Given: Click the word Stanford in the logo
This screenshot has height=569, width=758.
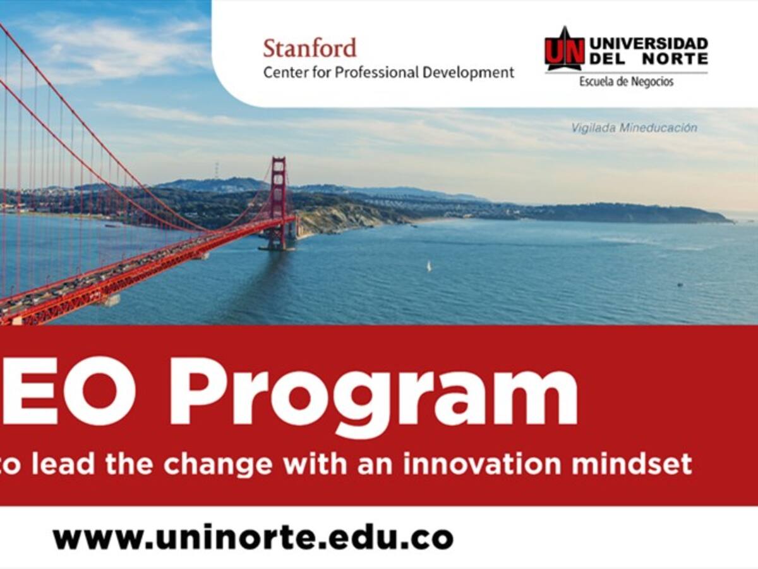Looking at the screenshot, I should [x=310, y=49].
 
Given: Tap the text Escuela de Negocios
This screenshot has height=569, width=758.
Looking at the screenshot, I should [x=627, y=82].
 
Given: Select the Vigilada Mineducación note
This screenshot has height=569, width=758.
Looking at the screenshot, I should [x=634, y=128].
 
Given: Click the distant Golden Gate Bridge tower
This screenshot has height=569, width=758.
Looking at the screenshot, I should [x=278, y=202].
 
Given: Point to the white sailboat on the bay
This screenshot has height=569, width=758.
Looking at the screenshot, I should [x=428, y=266].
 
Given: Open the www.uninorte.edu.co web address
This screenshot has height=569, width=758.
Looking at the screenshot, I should [x=253, y=538].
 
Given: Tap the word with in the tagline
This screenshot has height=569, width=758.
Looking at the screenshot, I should [x=313, y=465].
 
